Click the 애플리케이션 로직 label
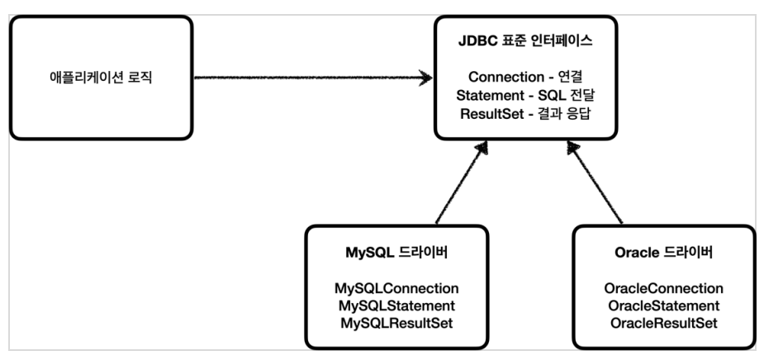[x=101, y=78]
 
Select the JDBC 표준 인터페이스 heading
[x=525, y=41]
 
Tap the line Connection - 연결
[x=526, y=77]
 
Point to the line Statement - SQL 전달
[x=526, y=96]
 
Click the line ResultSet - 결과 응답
[x=526, y=114]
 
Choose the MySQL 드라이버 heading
[x=396, y=253]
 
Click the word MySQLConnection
[x=396, y=288]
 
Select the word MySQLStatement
[x=396, y=306]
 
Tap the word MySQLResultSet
[x=396, y=324]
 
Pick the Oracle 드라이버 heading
[x=663, y=253]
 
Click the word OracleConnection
[x=663, y=288]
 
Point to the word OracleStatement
[x=663, y=306]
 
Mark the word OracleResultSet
[x=663, y=324]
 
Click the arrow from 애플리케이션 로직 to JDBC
[x=313, y=78]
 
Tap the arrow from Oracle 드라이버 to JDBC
[x=595, y=182]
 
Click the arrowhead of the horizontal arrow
[x=426, y=78]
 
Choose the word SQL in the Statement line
[x=551, y=96]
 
